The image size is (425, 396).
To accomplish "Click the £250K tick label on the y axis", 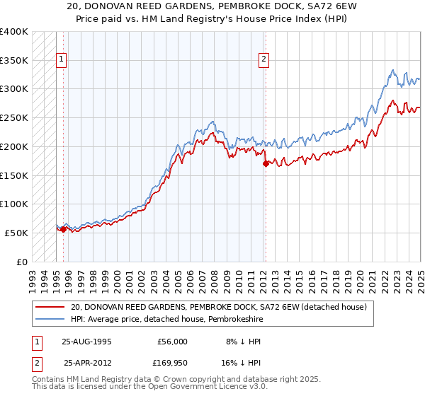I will pyautogui.click(x=14, y=118).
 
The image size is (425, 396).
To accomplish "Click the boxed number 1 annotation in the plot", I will pyautogui.click(x=62, y=60).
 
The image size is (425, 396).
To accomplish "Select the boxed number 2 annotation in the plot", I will pyautogui.click(x=263, y=60).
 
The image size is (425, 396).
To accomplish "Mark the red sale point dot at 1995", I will pyautogui.click(x=64, y=229).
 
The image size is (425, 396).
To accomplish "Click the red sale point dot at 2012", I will pyautogui.click(x=266, y=163).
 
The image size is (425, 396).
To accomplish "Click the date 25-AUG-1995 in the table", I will pyautogui.click(x=87, y=341).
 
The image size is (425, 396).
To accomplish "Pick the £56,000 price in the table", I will pyautogui.click(x=173, y=341).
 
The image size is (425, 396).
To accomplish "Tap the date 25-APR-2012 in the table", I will pyautogui.click(x=87, y=363).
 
